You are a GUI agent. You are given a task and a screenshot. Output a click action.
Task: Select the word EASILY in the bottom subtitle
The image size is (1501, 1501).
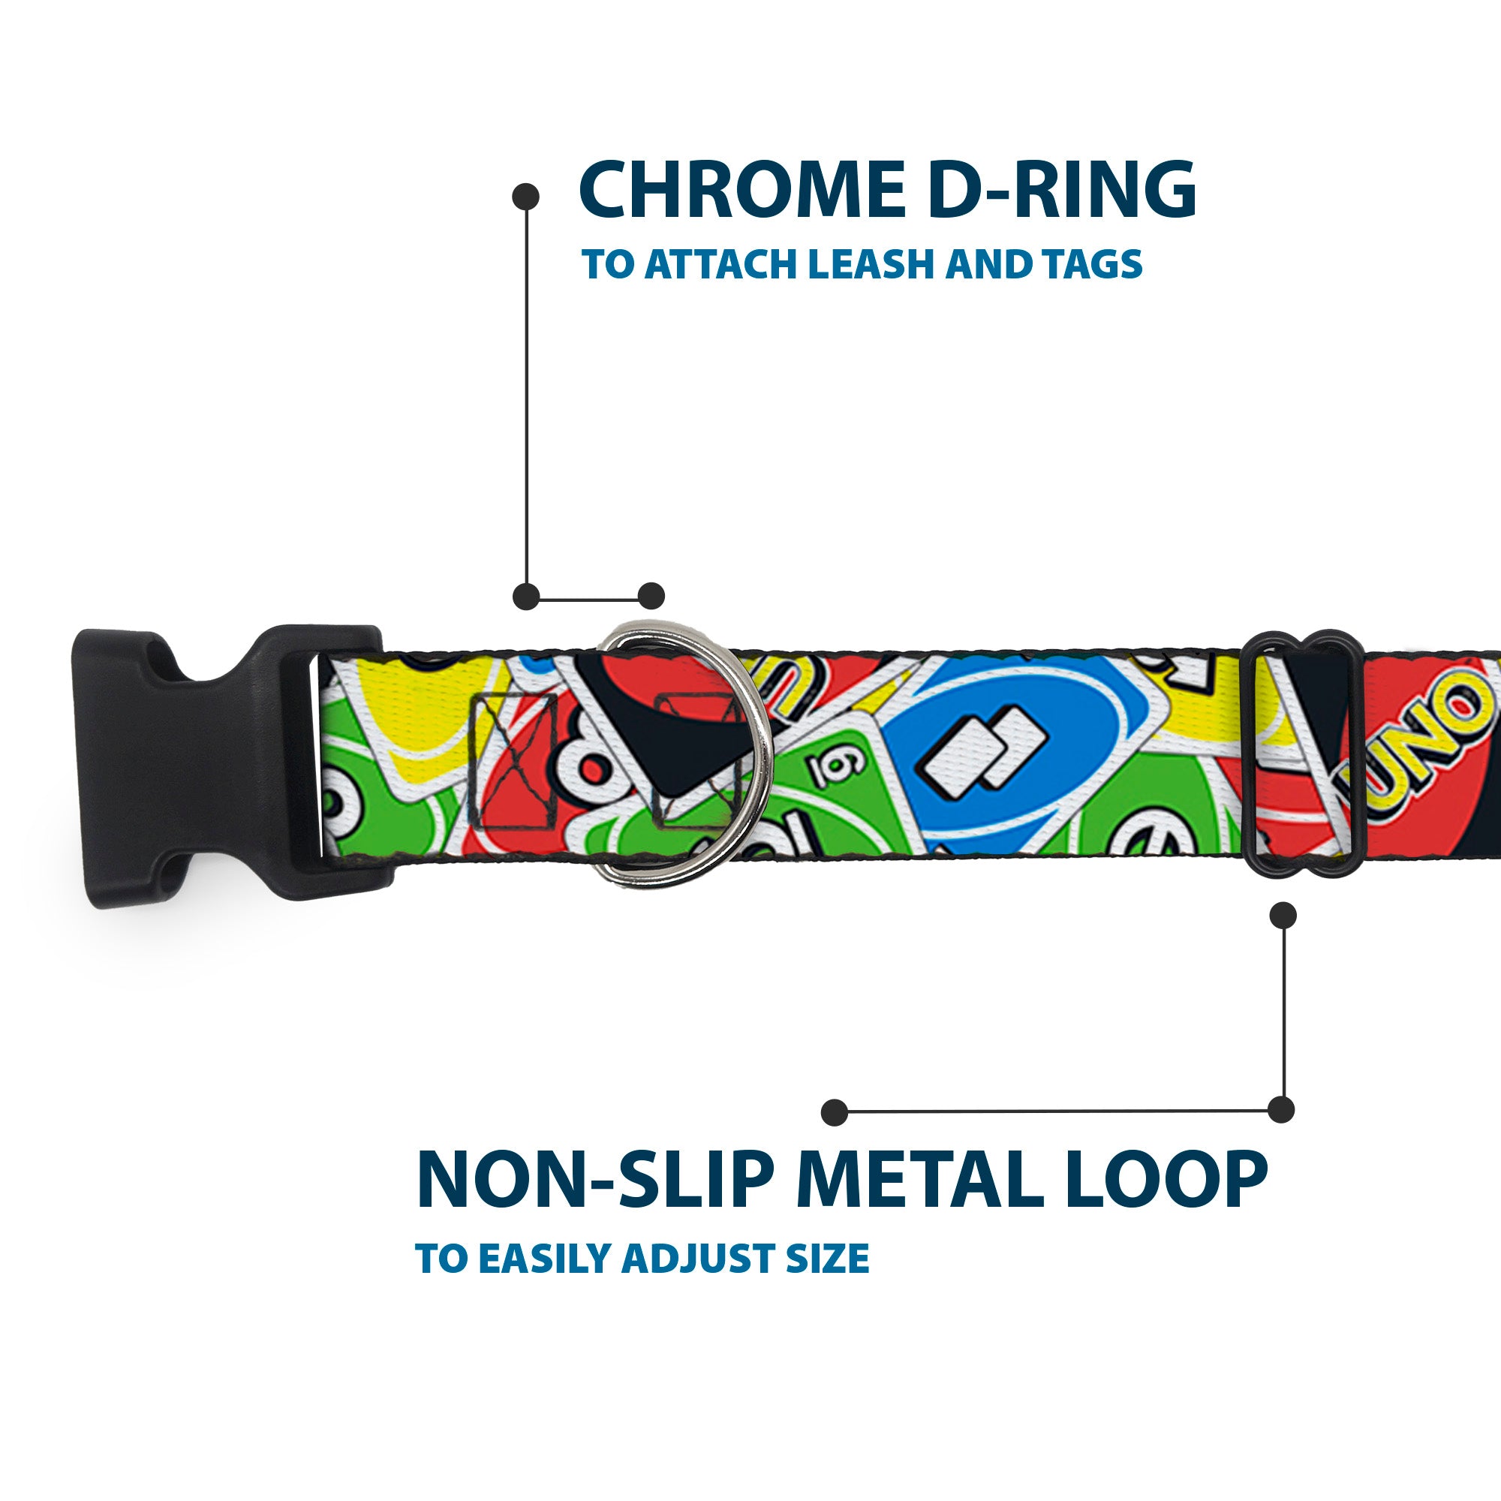[x=546, y=1259]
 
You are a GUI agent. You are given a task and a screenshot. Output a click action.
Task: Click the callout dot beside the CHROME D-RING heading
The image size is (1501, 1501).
[x=526, y=197]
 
